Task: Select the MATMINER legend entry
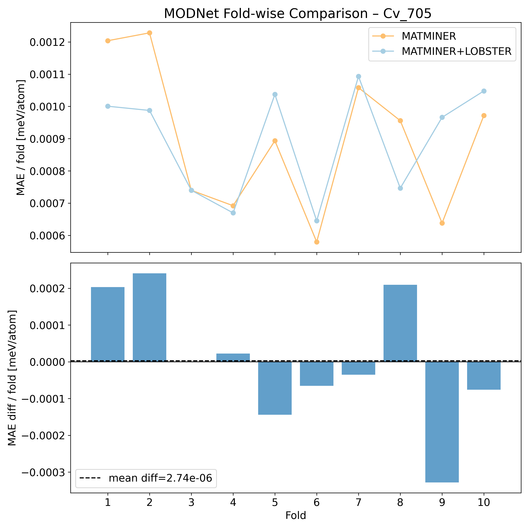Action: tap(428, 36)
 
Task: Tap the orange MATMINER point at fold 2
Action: tap(150, 33)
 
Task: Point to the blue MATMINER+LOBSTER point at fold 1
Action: tap(108, 106)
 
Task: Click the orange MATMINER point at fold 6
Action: tap(317, 242)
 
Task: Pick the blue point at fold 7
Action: tap(358, 76)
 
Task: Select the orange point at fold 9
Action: tap(442, 223)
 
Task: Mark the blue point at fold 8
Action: tap(400, 188)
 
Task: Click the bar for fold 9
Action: tap(442, 422)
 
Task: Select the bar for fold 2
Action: tap(150, 318)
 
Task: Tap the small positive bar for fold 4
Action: tap(233, 358)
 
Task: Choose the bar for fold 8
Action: tap(400, 323)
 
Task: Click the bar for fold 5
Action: tap(275, 388)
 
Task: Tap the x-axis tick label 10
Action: tap(484, 503)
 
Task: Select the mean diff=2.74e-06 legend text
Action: tap(160, 478)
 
